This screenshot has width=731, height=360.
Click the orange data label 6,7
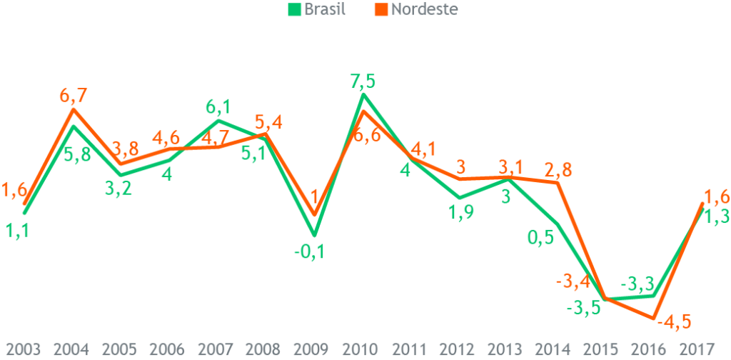point(74,95)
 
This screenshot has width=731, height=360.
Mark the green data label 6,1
point(218,106)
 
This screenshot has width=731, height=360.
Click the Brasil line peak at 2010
point(363,94)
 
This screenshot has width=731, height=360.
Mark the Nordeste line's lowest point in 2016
point(653,317)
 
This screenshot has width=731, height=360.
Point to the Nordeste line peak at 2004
point(74,109)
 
